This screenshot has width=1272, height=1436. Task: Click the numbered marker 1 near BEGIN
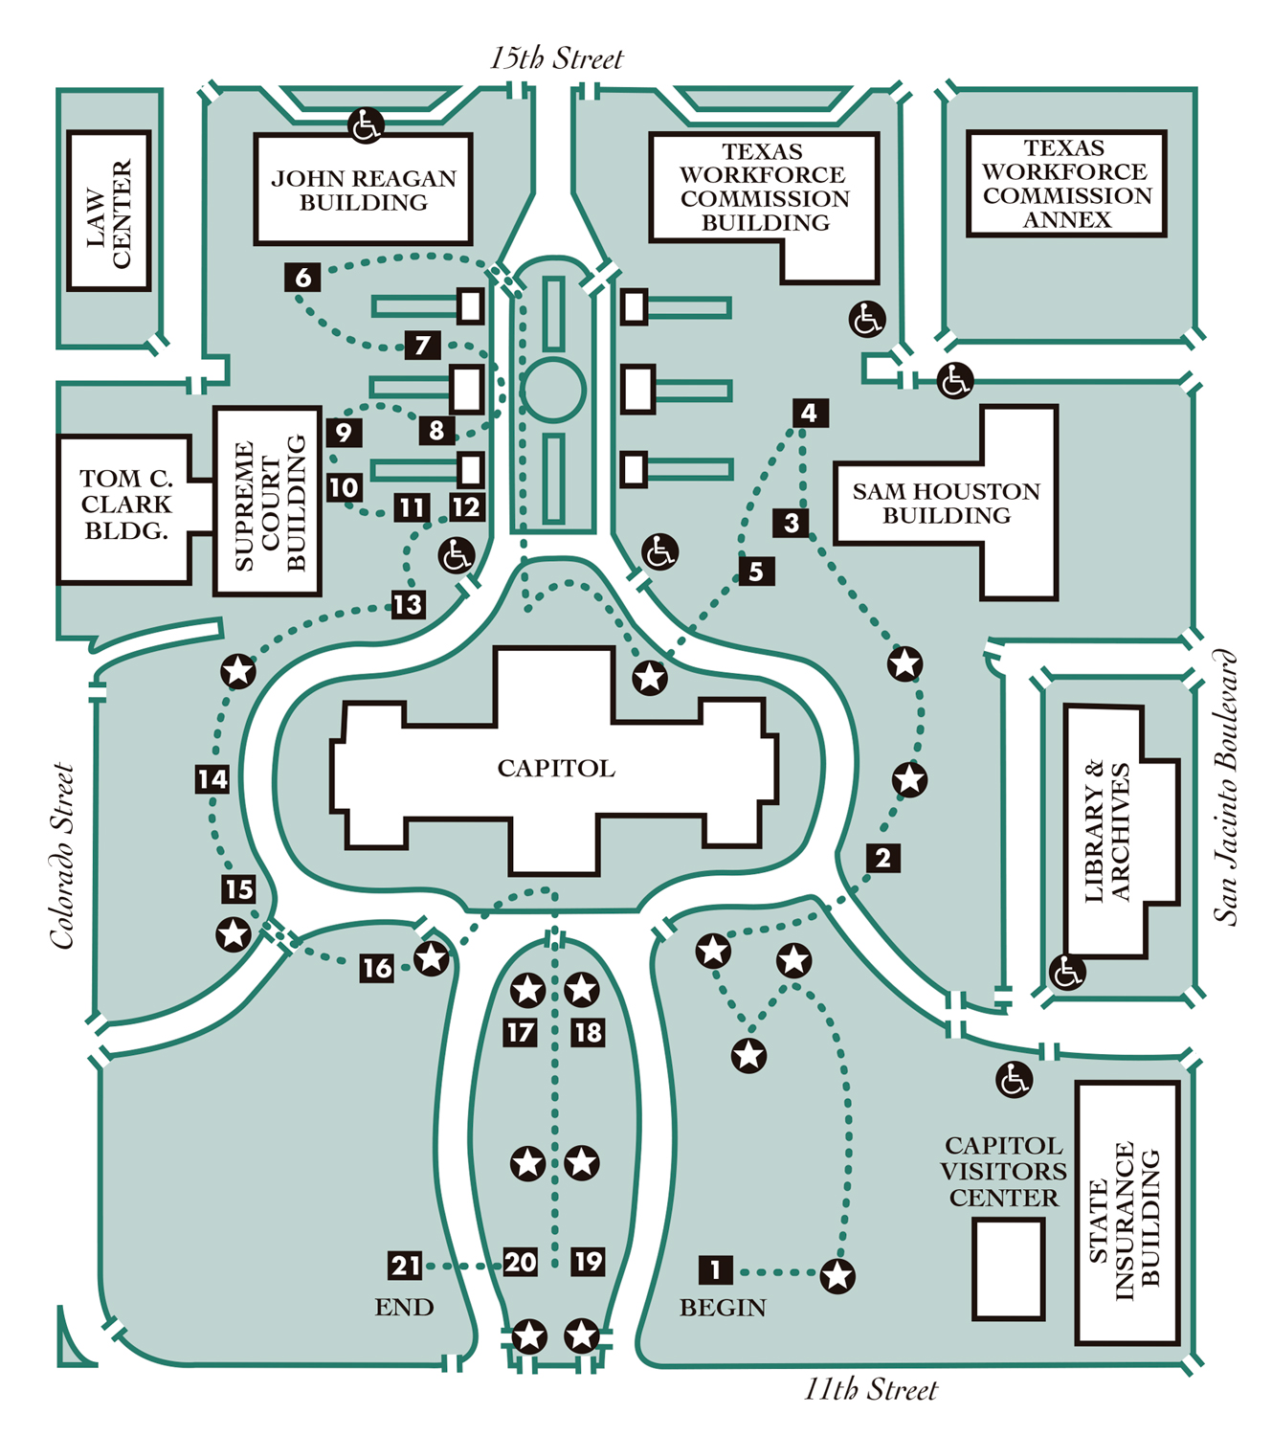(715, 1269)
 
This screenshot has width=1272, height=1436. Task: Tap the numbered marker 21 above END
(405, 1266)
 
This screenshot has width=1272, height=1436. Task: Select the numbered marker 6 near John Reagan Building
(302, 278)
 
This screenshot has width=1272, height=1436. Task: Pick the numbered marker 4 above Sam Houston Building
(810, 413)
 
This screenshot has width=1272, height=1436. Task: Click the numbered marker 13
(408, 604)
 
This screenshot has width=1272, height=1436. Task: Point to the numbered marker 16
(377, 968)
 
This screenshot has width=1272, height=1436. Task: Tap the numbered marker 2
(882, 858)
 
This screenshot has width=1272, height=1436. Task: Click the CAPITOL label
(555, 768)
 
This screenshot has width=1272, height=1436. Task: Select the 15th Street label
(556, 58)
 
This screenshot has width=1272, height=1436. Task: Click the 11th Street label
(870, 1389)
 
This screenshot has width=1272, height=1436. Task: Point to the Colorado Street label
(63, 856)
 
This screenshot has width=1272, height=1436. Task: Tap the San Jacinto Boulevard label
(1226, 787)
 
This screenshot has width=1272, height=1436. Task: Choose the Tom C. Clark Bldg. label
(125, 505)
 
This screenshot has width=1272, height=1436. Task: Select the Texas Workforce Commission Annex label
(1066, 184)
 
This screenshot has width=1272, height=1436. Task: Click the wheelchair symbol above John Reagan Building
(366, 125)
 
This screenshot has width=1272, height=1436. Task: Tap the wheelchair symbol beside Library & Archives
(1067, 973)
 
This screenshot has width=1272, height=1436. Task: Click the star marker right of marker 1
(837, 1275)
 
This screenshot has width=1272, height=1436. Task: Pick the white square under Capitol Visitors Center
(1007, 1268)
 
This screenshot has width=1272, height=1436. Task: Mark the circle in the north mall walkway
(553, 390)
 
